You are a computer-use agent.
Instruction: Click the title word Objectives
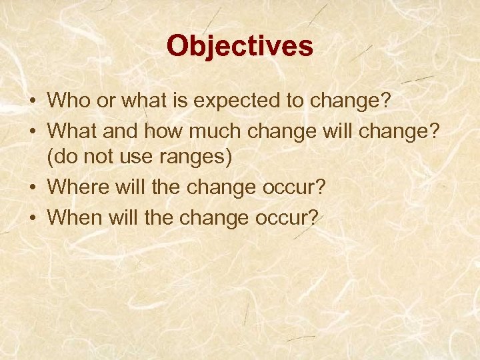pos(239,46)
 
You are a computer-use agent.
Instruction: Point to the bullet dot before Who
pos(33,102)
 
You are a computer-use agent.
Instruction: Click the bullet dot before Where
pos(33,187)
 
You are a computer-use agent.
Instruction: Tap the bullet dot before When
pos(33,217)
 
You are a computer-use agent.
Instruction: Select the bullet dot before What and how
pos(33,130)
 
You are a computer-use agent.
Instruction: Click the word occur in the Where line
pos(290,187)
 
